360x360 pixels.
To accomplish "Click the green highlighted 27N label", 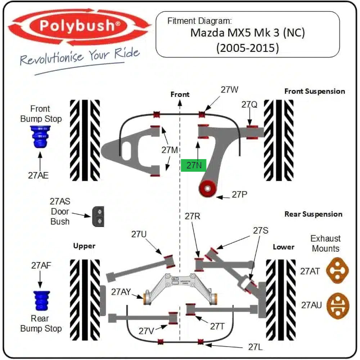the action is coord(194,165).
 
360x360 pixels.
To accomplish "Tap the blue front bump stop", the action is coord(40,137).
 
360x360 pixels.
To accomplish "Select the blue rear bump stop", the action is coord(41,301).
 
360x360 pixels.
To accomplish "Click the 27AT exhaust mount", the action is coord(337,271).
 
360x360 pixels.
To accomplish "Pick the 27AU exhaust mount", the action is coord(338,306).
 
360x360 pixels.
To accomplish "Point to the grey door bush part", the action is coord(98,216).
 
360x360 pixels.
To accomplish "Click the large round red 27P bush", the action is coord(208,189).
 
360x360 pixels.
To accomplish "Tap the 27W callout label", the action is coord(229,90).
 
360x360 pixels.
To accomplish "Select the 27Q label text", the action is coord(249,104).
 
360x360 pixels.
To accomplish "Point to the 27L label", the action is coord(255,347).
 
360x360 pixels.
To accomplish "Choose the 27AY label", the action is coord(121,292).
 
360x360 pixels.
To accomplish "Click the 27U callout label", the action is coord(139,234).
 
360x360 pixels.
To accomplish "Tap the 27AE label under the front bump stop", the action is coord(39,175).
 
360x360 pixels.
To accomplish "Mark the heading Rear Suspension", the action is coord(314,214).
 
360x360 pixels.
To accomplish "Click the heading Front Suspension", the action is coord(315,91).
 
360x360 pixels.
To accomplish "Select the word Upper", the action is coord(84,246).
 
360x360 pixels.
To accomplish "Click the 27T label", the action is coord(217,326).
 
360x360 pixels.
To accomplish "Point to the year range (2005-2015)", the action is coord(248,48).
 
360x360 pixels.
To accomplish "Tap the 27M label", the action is coord(170,150).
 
